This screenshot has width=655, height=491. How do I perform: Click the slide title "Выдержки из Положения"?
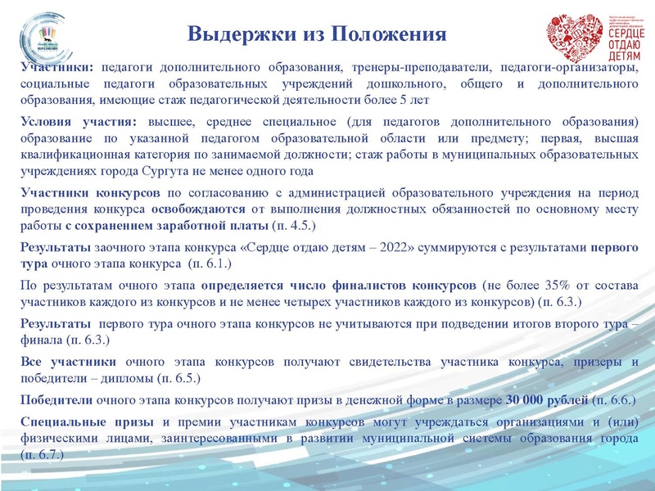click(317, 34)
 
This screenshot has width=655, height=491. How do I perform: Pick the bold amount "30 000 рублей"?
click(547, 400)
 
